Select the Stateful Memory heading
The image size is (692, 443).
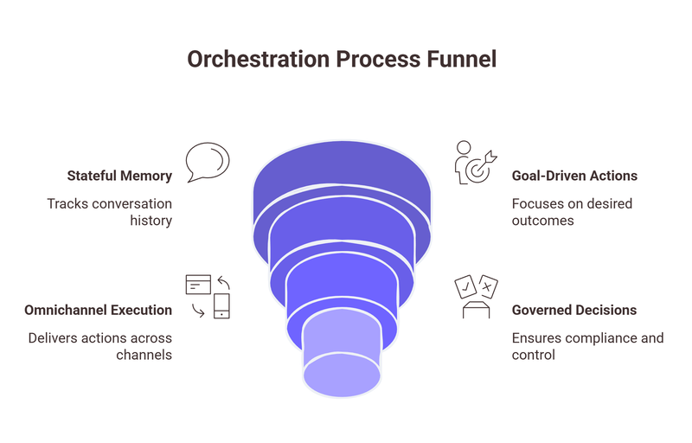point(119,176)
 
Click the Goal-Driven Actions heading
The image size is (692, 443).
point(575,176)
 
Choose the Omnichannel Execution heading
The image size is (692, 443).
point(99,310)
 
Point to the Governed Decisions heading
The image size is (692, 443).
point(574,310)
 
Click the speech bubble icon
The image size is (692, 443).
point(208,162)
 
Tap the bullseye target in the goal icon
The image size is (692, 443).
point(477,170)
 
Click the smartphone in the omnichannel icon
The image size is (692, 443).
point(222,306)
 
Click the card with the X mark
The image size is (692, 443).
point(488,286)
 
